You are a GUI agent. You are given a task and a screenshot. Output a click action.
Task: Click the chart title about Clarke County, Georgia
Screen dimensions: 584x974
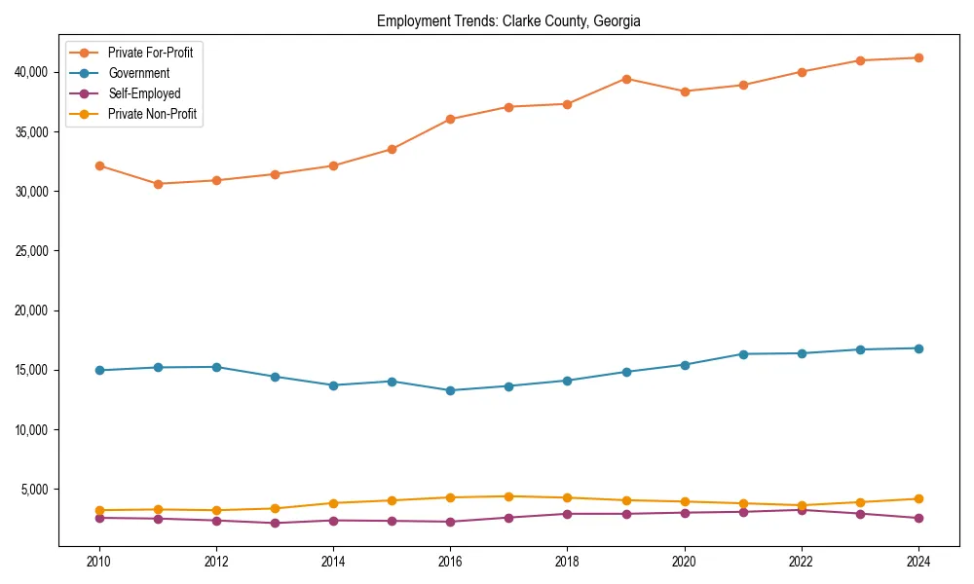(508, 21)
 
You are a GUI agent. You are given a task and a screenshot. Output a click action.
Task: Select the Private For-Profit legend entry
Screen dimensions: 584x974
(150, 53)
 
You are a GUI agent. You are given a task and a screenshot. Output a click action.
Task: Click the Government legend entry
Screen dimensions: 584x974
(138, 73)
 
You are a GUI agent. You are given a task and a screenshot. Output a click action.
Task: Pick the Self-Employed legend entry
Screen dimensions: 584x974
(144, 93)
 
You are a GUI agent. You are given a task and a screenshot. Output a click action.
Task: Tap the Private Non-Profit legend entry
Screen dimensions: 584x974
(152, 114)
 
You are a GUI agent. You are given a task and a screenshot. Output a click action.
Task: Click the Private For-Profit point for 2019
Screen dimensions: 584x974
(626, 79)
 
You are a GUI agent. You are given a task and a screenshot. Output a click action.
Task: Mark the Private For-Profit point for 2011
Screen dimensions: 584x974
(158, 184)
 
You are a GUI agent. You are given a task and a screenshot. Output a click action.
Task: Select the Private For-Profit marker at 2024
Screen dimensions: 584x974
(918, 57)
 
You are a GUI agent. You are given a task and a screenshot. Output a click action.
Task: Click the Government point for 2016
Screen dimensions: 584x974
(450, 390)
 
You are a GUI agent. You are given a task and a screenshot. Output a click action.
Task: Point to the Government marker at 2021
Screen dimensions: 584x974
(743, 354)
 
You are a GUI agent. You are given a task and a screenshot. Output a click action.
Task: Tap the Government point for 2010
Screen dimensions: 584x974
(99, 370)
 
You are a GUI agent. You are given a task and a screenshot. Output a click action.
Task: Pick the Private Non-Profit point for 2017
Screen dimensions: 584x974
(508, 496)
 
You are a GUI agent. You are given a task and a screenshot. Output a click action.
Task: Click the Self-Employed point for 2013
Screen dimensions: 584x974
(275, 523)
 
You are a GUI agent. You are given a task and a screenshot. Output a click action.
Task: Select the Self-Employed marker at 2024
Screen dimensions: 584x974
(918, 518)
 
